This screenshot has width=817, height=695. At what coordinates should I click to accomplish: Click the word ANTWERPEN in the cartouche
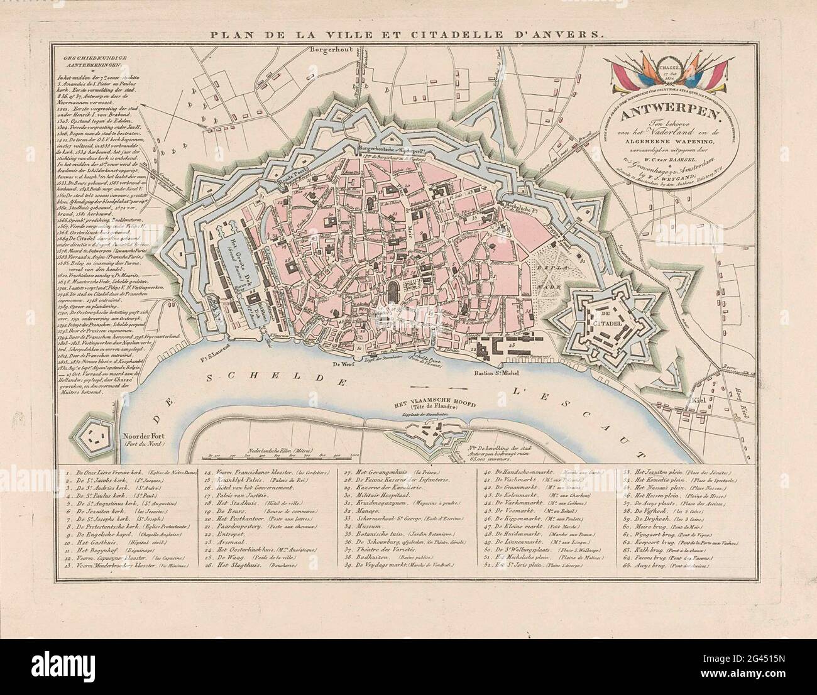tap(540, 117)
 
